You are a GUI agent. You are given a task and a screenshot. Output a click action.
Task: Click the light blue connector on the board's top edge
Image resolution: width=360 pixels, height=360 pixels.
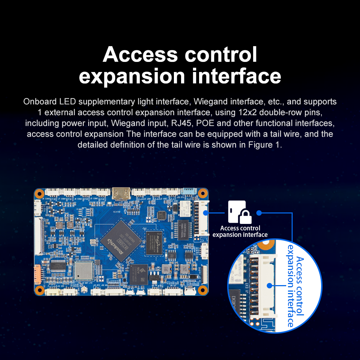pyautogui.click(x=188, y=192)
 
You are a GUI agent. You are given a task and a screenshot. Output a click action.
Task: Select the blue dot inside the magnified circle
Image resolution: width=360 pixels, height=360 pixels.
pyautogui.click(x=270, y=285)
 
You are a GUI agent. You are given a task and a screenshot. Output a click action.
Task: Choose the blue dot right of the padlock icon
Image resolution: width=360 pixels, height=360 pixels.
pyautogui.click(x=258, y=212)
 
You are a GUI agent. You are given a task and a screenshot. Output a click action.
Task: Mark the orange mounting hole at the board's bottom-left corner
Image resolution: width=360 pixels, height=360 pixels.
pyautogui.click(x=40, y=290)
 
